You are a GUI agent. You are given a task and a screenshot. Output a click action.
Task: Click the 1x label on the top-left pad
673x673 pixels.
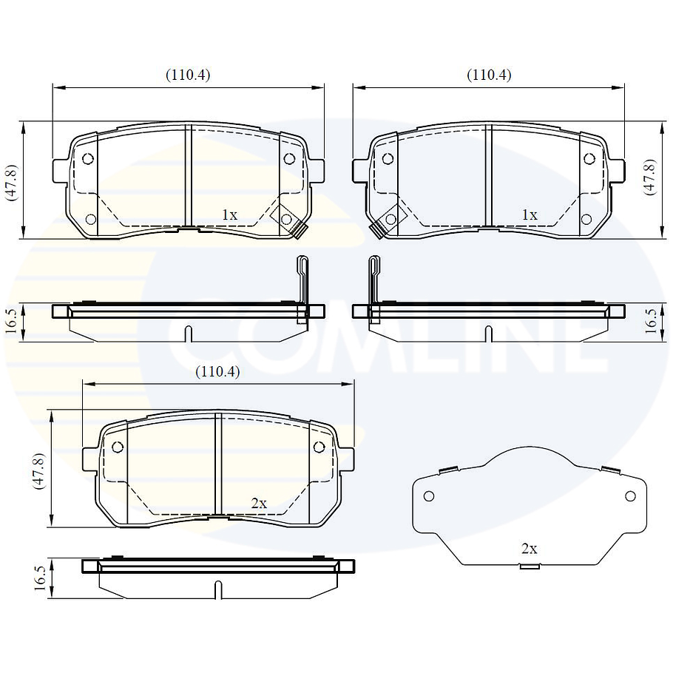pyautogui.click(x=229, y=214)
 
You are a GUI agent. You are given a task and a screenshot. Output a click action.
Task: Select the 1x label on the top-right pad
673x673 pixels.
pyautogui.click(x=529, y=214)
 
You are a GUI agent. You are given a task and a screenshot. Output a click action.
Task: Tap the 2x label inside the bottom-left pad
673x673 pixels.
pyautogui.click(x=258, y=503)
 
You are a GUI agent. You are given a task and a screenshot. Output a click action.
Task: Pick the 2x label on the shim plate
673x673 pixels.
pyautogui.click(x=529, y=549)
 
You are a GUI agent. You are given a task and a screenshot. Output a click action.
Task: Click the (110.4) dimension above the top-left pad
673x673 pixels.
pyautogui.click(x=187, y=75)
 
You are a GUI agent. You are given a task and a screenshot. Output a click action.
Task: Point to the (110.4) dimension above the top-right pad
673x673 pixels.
pyautogui.click(x=488, y=75)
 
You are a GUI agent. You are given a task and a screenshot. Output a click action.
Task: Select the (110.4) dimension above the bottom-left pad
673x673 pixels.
pyautogui.click(x=217, y=372)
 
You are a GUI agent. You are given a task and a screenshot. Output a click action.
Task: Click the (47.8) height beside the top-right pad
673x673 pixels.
pyautogui.click(x=649, y=177)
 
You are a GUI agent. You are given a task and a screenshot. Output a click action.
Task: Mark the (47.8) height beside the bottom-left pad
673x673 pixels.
pyautogui.click(x=41, y=470)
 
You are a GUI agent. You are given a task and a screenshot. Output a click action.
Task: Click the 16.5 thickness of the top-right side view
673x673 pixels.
pyautogui.click(x=650, y=322)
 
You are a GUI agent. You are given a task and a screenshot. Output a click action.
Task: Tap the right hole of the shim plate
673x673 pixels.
pyautogui.click(x=630, y=496)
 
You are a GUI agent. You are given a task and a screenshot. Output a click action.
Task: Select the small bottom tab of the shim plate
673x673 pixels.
pyautogui.click(x=528, y=567)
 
